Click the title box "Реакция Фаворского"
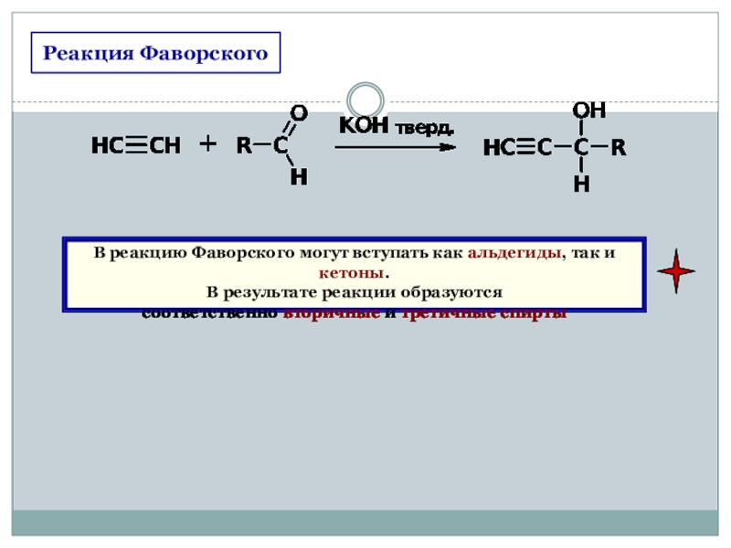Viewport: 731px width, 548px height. pyautogui.click(x=155, y=53)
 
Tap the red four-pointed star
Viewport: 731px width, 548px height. pyautogui.click(x=676, y=271)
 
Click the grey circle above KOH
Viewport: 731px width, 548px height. pyautogui.click(x=365, y=99)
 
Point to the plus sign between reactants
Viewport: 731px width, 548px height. pyautogui.click(x=208, y=144)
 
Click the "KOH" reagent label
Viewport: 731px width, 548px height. pyautogui.click(x=364, y=125)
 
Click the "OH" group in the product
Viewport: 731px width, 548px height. pyautogui.click(x=589, y=111)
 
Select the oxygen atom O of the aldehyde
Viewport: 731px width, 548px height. pyautogui.click(x=298, y=112)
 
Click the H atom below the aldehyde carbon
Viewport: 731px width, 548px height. pyautogui.click(x=298, y=178)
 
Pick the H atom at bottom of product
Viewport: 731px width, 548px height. pyautogui.click(x=581, y=184)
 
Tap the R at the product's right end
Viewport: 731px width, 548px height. pyautogui.click(x=619, y=147)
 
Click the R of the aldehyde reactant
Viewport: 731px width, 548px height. pyautogui.click(x=244, y=145)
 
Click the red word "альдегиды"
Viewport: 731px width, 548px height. pyautogui.click(x=514, y=254)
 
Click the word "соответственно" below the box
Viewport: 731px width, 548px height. pyautogui.click(x=210, y=313)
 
